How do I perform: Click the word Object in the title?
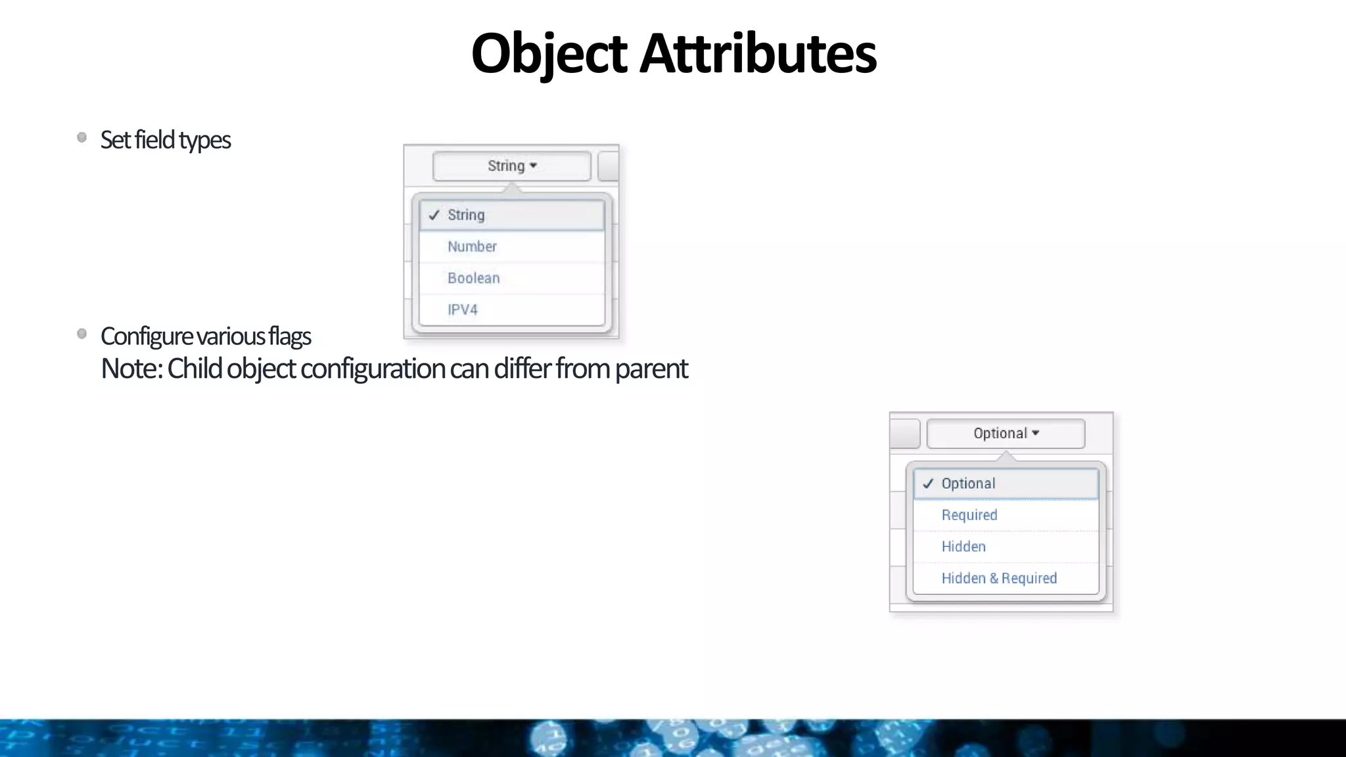tap(549, 54)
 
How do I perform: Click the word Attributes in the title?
tap(758, 54)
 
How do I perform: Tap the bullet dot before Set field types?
tap(82, 137)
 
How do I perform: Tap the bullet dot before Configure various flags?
tap(82, 334)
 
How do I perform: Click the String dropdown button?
tap(511, 166)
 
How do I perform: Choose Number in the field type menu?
tap(472, 247)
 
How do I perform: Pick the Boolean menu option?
tap(473, 279)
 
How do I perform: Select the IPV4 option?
tap(463, 310)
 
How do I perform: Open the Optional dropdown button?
tap(1006, 434)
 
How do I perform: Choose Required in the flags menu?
tap(969, 515)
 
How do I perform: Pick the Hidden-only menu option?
tap(963, 547)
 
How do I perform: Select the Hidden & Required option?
tap(999, 578)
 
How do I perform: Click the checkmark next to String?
tap(434, 216)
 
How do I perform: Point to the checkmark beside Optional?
tap(928, 484)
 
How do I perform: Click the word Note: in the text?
tap(131, 369)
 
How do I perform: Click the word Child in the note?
tap(195, 369)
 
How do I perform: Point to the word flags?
tap(289, 336)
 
